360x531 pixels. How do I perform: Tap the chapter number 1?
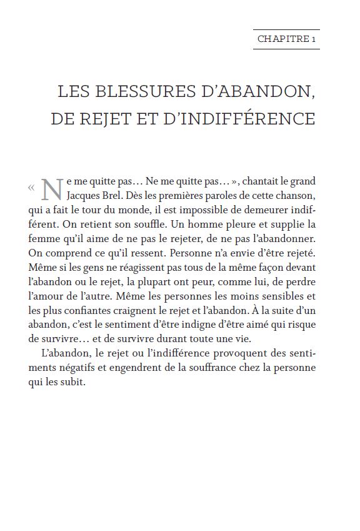pos(314,39)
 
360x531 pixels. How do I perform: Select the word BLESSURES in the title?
pos(139,91)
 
